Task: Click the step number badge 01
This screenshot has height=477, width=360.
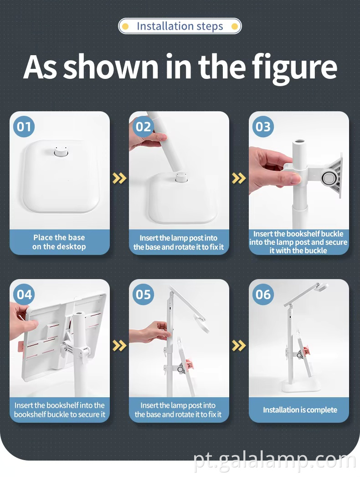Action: [24, 127]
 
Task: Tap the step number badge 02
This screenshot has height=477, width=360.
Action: [143, 127]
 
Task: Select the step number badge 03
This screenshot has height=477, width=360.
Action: [263, 127]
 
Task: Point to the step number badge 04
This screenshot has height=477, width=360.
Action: [24, 295]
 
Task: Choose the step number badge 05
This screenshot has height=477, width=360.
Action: [143, 295]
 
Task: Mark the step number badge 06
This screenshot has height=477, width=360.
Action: [263, 295]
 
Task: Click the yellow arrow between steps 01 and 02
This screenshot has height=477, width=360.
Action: [119, 178]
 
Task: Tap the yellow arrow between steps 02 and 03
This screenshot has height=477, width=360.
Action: [239, 178]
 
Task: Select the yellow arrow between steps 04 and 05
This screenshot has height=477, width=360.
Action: [119, 346]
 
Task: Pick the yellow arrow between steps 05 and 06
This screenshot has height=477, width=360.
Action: [239, 346]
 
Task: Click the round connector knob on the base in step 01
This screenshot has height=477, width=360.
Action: [60, 151]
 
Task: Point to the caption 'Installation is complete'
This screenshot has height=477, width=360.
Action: [300, 410]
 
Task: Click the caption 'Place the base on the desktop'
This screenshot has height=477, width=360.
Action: [59, 242]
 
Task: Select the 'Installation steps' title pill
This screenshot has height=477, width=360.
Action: [180, 26]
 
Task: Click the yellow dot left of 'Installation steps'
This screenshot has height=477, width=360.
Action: [125, 26]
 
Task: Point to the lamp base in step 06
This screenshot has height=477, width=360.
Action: [301, 386]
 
